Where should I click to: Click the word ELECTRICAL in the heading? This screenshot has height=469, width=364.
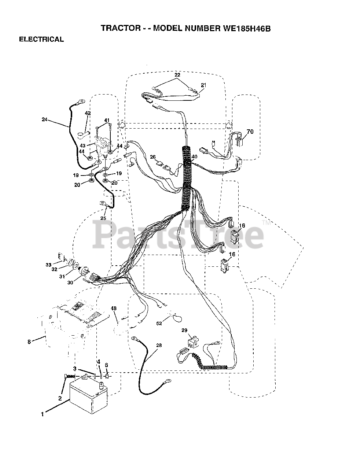click(x=41, y=40)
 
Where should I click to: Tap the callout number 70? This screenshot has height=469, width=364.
click(x=250, y=132)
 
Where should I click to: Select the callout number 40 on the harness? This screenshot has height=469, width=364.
click(x=194, y=156)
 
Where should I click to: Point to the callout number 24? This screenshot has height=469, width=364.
click(x=44, y=119)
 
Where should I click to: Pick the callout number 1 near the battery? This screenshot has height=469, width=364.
click(x=43, y=414)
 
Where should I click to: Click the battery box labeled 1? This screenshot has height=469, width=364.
click(x=88, y=398)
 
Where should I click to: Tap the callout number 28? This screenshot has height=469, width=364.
click(x=158, y=346)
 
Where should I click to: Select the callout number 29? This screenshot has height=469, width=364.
click(x=184, y=330)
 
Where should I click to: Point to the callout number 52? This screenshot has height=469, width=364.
click(x=159, y=324)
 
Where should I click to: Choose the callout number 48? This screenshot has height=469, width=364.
click(x=114, y=309)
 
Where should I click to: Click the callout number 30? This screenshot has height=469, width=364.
click(x=70, y=282)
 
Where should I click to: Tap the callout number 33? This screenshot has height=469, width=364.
click(x=48, y=264)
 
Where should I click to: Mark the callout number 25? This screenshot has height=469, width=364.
click(x=103, y=218)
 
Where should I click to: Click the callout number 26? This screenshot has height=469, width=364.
click(x=153, y=158)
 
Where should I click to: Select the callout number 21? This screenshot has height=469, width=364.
click(x=203, y=85)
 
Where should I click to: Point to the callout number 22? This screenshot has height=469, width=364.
click(x=177, y=75)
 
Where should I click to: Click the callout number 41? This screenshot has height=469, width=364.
click(x=107, y=120)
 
